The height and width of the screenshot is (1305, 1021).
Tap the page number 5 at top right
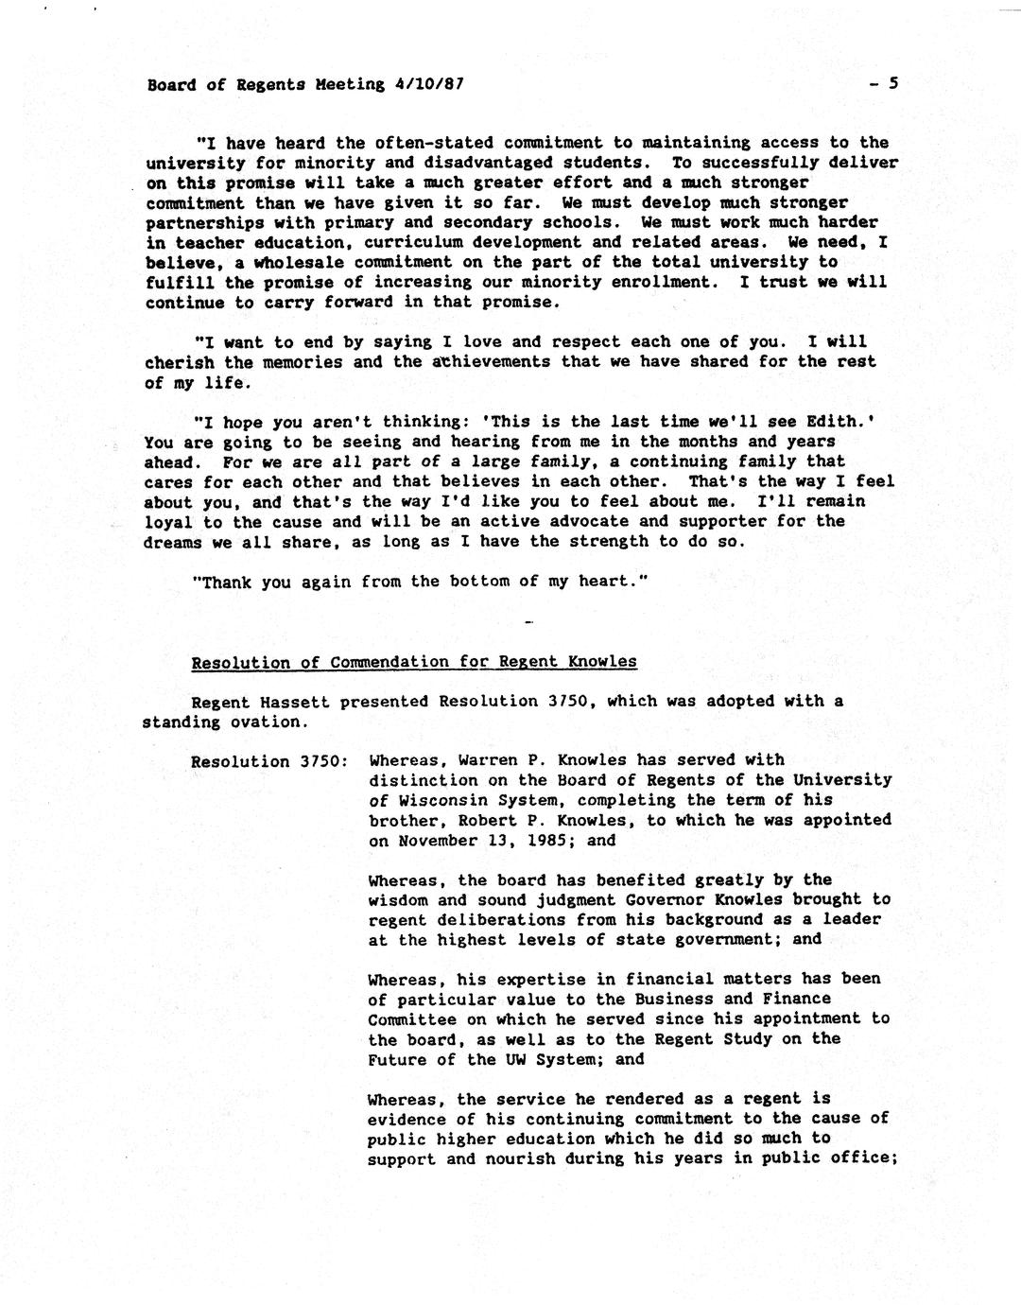coord(892,83)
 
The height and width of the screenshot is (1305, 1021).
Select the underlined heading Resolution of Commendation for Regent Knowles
coord(414,662)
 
